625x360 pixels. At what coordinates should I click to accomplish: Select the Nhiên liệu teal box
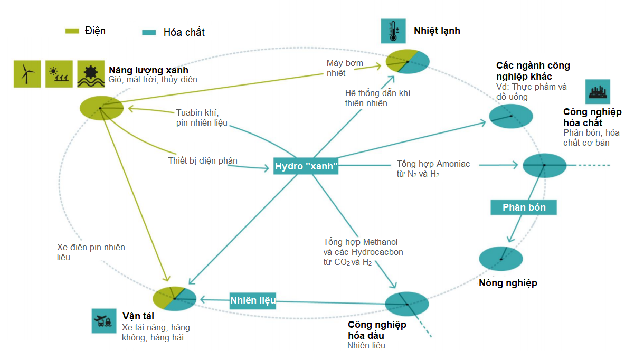pyautogui.click(x=253, y=300)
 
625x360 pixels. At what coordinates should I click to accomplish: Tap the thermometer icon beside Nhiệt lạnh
pyautogui.click(x=393, y=31)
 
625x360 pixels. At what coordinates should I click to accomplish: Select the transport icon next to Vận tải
pyautogui.click(x=103, y=320)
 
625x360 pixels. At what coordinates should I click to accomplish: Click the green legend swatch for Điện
pyautogui.click(x=72, y=31)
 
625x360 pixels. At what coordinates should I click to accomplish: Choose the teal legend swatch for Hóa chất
pyautogui.click(x=149, y=32)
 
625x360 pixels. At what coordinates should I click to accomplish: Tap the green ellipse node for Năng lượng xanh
pyautogui.click(x=101, y=108)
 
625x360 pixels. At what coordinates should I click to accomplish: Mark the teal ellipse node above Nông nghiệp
pyautogui.click(x=500, y=259)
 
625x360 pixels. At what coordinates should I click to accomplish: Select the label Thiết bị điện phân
pyautogui.click(x=203, y=160)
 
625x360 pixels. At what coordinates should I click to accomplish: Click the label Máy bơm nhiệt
pyautogui.click(x=344, y=68)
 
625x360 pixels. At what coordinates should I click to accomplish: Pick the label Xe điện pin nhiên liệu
pyautogui.click(x=91, y=252)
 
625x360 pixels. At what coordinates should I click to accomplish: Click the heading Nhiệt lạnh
pyautogui.click(x=437, y=31)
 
